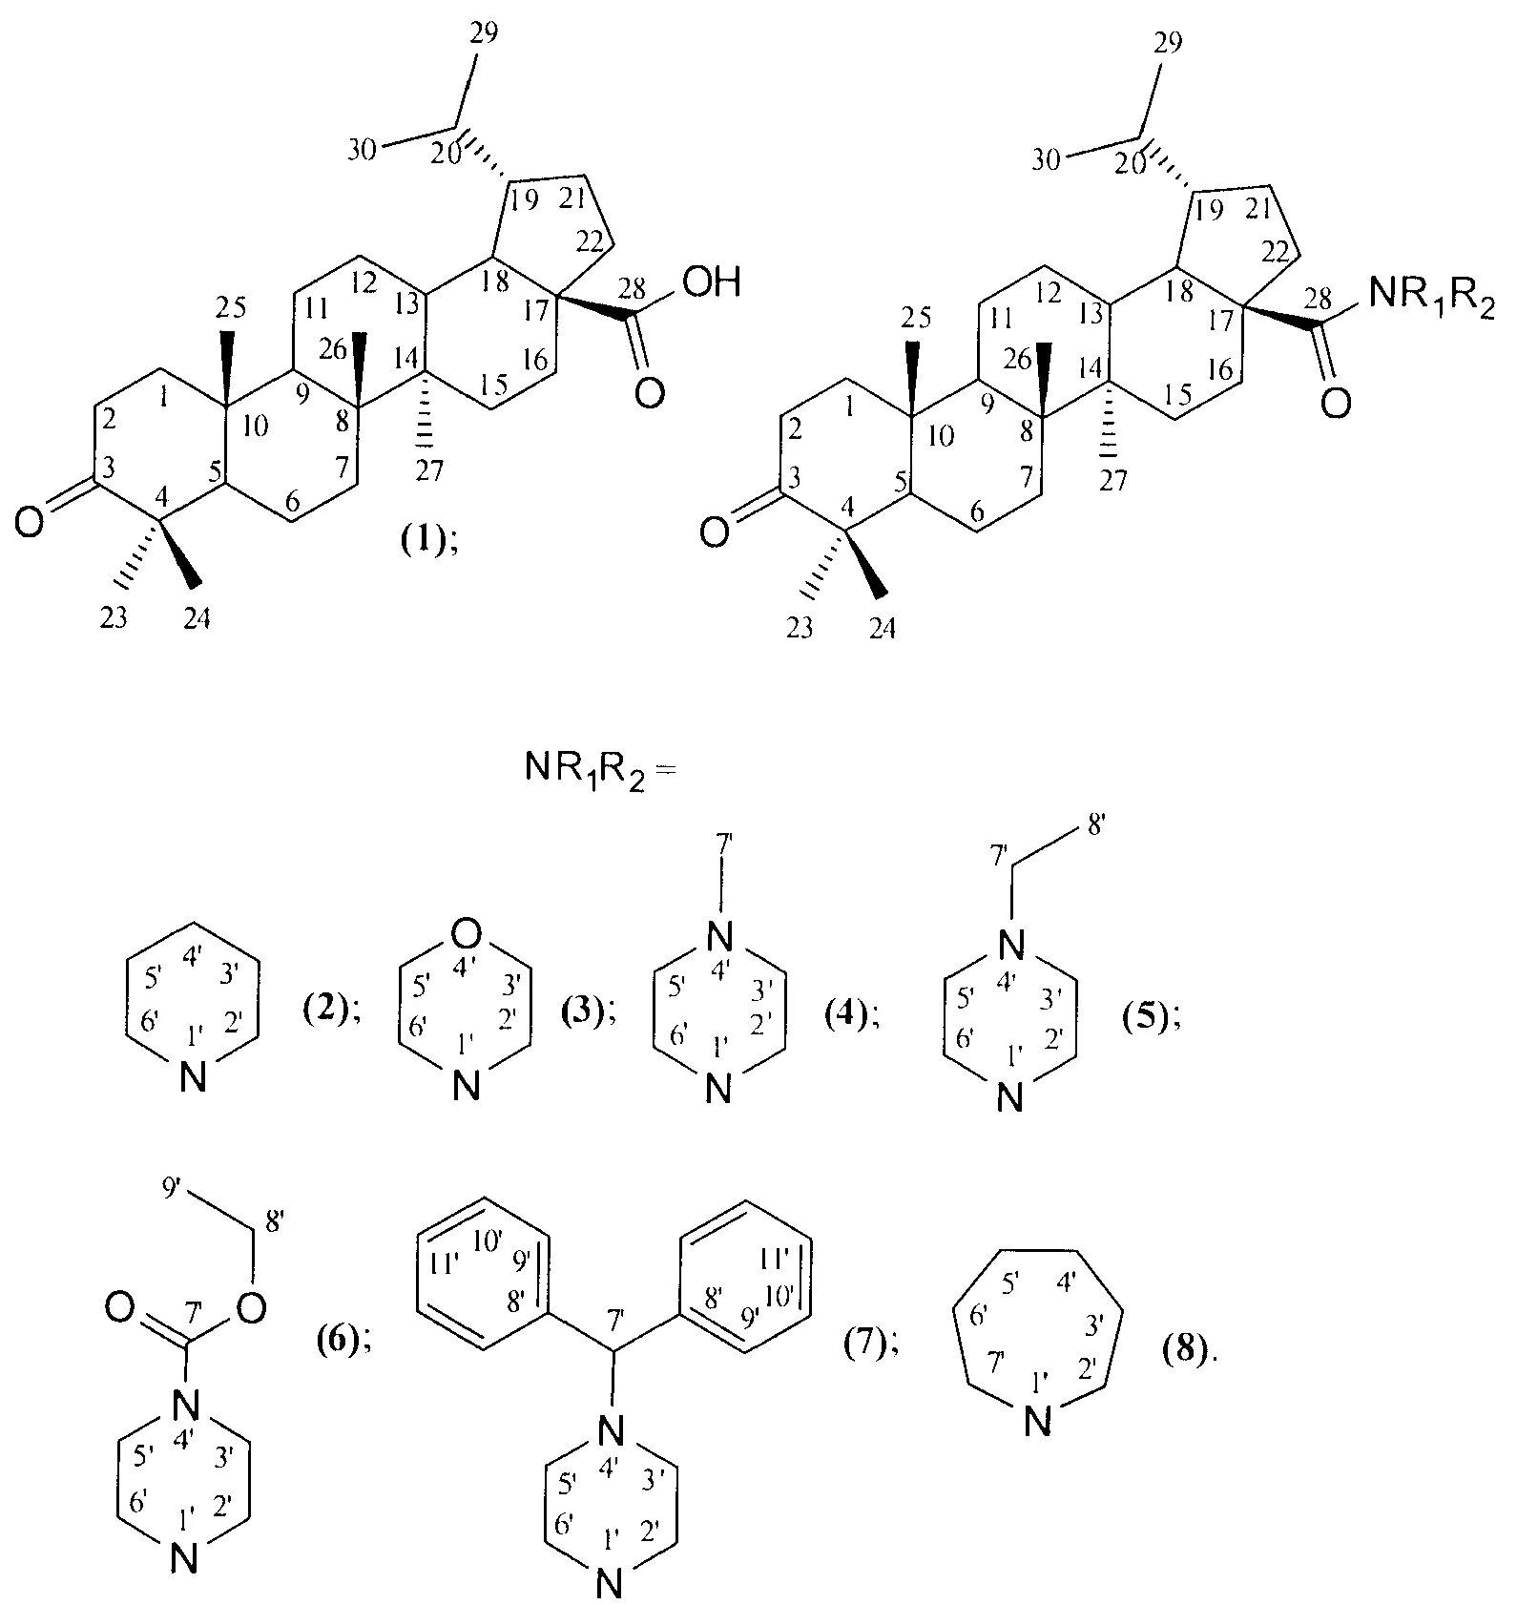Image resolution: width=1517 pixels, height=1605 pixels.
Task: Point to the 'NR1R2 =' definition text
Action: click(599, 769)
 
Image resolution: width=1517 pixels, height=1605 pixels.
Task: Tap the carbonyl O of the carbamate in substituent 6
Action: click(120, 1307)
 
